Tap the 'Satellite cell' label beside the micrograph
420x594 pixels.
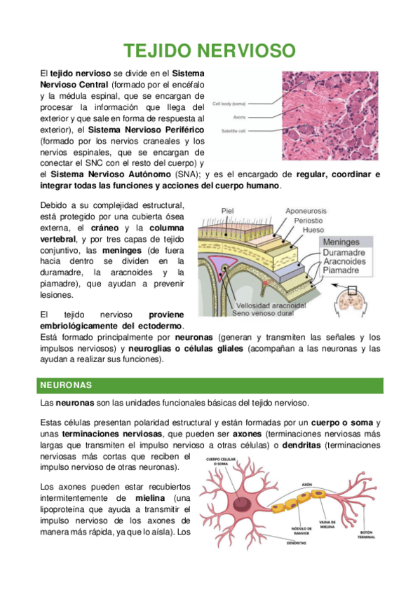(x=232, y=130)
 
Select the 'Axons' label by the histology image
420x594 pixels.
(x=239, y=117)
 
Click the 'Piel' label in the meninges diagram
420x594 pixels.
(x=227, y=210)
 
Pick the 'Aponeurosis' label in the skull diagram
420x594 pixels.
(x=311, y=210)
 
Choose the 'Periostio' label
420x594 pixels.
(x=313, y=220)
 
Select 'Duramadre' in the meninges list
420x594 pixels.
(x=348, y=252)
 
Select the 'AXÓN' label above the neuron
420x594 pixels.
(x=306, y=484)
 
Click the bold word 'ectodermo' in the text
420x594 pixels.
(x=161, y=326)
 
